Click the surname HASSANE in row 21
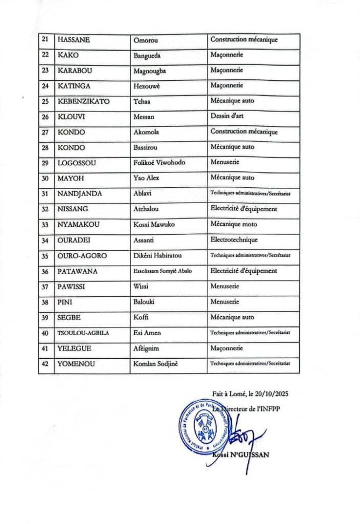point(71,39)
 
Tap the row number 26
point(45,117)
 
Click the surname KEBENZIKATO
point(84,101)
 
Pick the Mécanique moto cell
point(234,224)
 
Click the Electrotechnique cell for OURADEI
point(234,239)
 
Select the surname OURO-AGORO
point(82,255)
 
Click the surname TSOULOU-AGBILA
point(84,333)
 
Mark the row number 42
point(45,363)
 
